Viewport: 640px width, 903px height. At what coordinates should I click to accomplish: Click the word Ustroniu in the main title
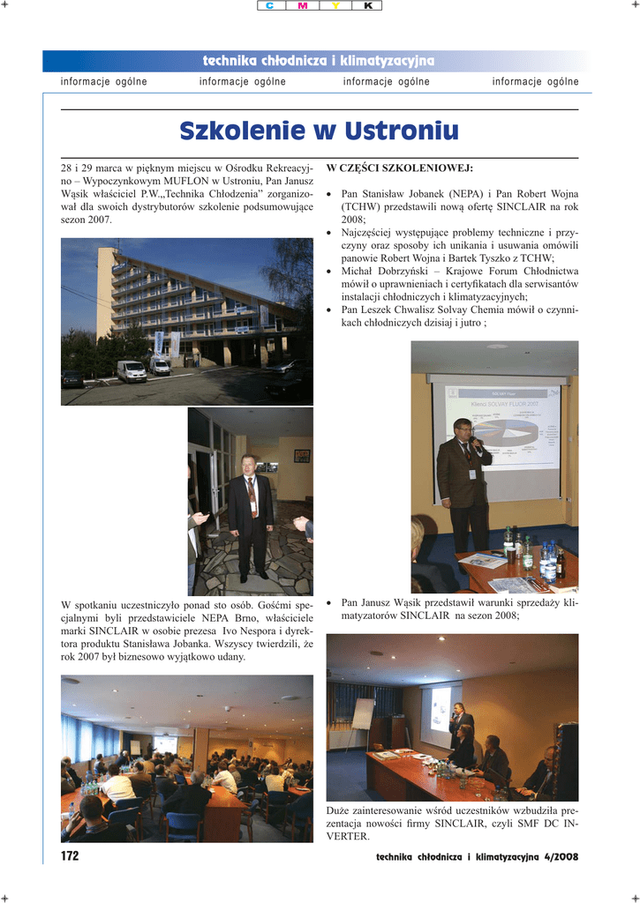[x=402, y=131]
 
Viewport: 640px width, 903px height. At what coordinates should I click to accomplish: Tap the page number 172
[x=70, y=856]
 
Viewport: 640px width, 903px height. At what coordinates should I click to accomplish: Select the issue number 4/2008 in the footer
[x=560, y=857]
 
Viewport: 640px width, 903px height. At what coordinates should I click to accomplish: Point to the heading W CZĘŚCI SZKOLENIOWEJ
[x=399, y=168]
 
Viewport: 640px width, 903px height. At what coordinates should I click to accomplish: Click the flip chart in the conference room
[x=363, y=714]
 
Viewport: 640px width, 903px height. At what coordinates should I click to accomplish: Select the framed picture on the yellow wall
[x=302, y=456]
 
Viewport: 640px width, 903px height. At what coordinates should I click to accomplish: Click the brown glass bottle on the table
[x=560, y=564]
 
